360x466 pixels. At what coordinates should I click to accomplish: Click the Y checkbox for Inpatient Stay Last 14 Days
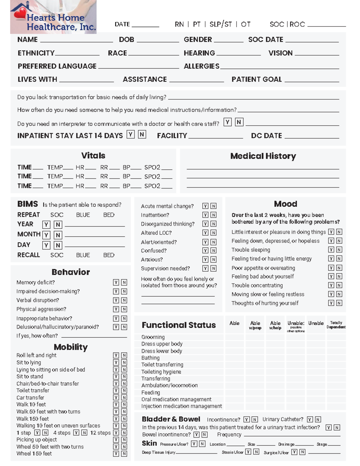[130, 134]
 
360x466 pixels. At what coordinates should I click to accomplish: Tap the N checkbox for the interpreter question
[239, 122]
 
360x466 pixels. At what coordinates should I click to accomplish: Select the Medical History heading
[263, 156]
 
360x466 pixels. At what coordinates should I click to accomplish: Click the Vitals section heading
[93, 155]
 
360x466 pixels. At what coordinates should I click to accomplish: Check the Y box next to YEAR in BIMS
[46, 224]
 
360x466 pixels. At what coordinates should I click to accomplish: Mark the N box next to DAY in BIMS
[58, 245]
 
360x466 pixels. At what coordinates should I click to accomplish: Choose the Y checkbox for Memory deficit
[116, 282]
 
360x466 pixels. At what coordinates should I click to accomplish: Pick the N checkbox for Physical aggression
[124, 309]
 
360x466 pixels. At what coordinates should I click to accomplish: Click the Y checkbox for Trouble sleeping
[331, 250]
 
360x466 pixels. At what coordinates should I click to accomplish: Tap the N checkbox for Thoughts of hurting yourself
[339, 303]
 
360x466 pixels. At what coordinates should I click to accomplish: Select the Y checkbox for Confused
[205, 251]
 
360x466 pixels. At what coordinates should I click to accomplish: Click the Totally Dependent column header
[336, 325]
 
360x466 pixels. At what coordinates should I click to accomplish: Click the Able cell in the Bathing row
[234, 358]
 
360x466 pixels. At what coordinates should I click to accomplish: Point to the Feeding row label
[151, 392]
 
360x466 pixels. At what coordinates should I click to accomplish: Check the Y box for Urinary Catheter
[310, 419]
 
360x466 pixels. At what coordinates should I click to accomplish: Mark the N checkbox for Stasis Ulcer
[256, 452]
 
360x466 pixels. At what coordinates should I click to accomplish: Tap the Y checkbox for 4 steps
[76, 433]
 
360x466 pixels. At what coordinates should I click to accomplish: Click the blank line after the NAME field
[76, 40]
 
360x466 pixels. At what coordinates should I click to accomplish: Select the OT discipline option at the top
[245, 24]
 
